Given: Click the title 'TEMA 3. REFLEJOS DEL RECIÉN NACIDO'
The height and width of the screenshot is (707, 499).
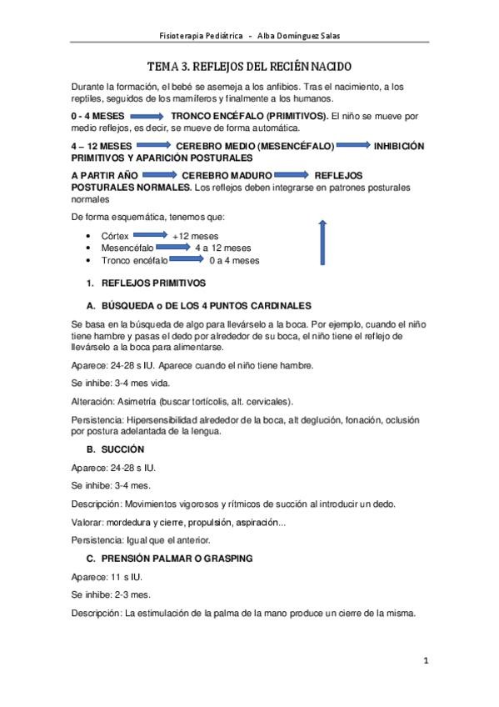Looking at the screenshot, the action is [249, 66].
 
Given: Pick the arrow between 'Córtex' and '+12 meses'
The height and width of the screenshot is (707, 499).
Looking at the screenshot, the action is [150, 235].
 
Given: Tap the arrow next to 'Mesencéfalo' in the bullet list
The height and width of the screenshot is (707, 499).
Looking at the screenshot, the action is [172, 248].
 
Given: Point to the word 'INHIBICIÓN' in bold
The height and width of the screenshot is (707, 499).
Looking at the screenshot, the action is [399, 146].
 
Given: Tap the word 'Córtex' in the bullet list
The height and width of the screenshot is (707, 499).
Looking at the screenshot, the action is [115, 236].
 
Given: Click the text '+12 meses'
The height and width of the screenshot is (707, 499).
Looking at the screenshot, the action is [195, 236].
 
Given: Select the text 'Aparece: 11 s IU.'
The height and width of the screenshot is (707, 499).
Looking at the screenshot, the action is [107, 576].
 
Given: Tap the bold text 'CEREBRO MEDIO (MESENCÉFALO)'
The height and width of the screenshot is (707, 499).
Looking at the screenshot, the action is [255, 146].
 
